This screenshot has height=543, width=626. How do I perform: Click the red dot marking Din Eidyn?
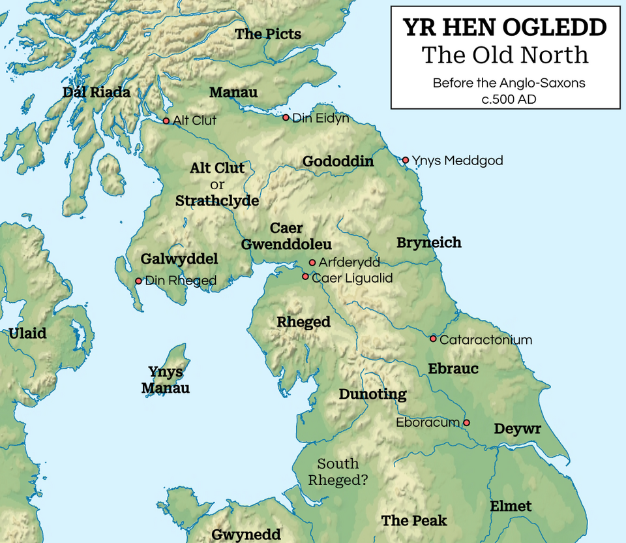[x=286, y=117]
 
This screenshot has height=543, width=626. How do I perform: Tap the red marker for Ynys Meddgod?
[x=405, y=160]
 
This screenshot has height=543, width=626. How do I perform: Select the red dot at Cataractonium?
[x=433, y=339]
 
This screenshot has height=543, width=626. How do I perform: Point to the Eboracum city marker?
[x=466, y=423]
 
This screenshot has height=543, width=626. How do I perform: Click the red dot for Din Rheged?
[x=138, y=281]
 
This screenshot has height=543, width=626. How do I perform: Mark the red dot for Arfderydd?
[x=312, y=262]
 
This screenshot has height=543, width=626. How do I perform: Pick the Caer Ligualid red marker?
[x=305, y=277]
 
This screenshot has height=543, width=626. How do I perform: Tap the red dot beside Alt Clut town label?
[x=166, y=121]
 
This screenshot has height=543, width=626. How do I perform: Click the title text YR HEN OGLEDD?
[x=505, y=27]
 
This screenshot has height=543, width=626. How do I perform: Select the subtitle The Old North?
[x=505, y=55]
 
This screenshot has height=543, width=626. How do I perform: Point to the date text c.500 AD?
[x=509, y=99]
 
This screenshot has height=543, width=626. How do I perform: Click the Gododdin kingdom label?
[x=338, y=161]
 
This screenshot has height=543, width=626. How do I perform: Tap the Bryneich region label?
[x=428, y=243]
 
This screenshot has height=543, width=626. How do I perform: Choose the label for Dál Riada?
[x=97, y=92]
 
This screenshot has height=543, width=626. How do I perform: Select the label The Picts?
[x=268, y=34]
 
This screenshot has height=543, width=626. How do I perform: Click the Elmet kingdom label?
[x=511, y=506]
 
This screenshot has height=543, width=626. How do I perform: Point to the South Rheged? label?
[x=338, y=472]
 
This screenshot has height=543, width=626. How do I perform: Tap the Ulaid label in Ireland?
[x=27, y=334]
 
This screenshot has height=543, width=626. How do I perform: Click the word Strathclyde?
[x=217, y=201]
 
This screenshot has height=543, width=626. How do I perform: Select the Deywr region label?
[x=517, y=429]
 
